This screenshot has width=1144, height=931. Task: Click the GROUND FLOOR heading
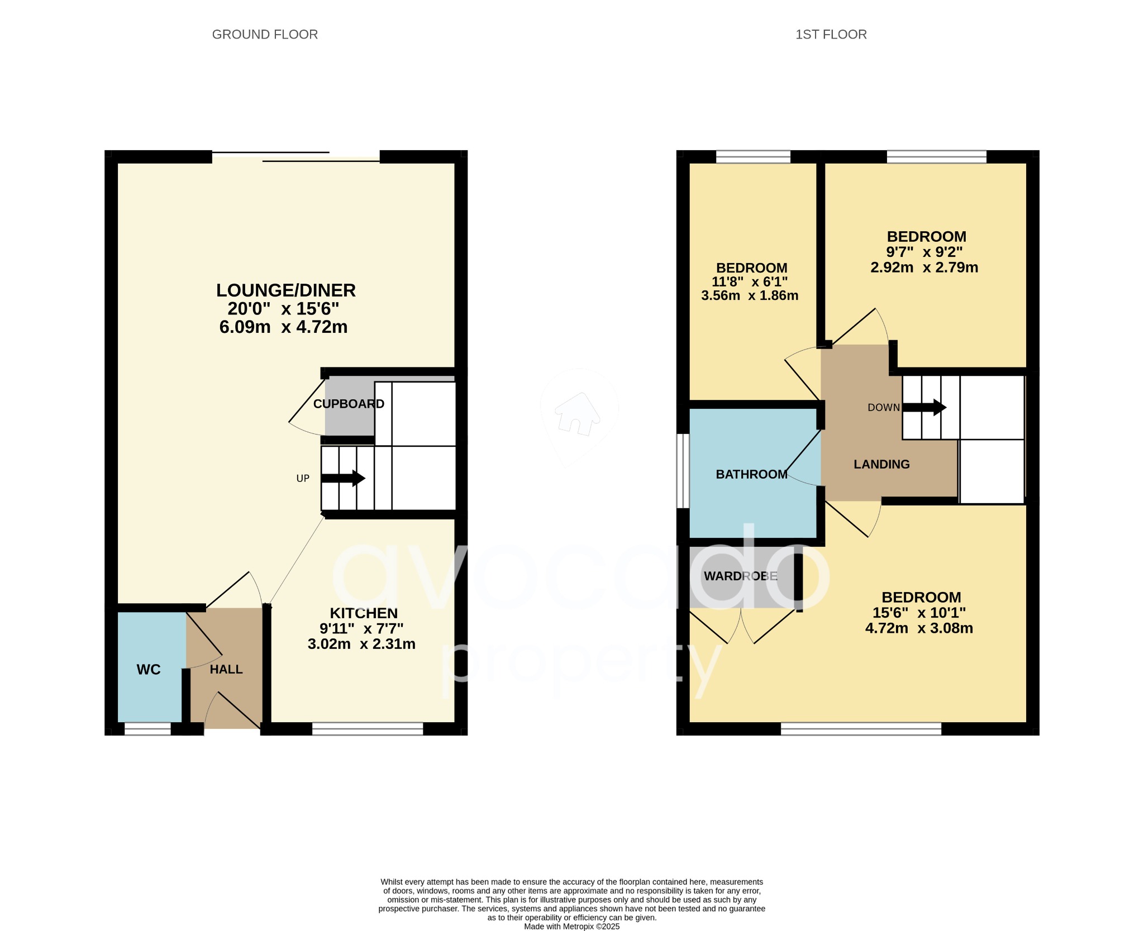click(265, 35)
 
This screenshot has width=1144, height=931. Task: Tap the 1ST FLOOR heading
click(831, 35)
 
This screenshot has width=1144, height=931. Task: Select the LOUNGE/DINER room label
click(285, 290)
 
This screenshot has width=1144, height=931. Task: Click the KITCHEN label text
click(364, 613)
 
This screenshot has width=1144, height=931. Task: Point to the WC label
click(149, 670)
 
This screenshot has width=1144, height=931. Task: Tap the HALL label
click(226, 670)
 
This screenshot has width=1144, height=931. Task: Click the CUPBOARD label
click(349, 404)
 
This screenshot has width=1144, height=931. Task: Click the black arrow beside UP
click(343, 479)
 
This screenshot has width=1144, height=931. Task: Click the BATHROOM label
click(751, 474)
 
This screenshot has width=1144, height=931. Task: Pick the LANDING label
click(881, 464)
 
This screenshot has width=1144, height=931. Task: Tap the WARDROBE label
click(740, 576)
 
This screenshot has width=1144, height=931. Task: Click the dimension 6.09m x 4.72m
click(283, 327)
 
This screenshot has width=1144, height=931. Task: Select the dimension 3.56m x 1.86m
click(750, 295)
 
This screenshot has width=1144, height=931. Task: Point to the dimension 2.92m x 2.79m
click(924, 268)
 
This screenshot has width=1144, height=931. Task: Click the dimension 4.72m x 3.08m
click(919, 628)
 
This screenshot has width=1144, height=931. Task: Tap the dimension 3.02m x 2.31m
click(361, 644)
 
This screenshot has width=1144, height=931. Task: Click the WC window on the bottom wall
click(147, 728)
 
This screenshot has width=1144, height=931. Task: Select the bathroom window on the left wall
click(683, 471)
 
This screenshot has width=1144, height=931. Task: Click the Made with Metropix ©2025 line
click(571, 926)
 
